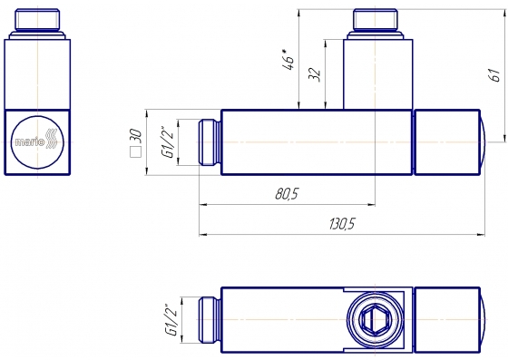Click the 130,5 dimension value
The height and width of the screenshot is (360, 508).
342,224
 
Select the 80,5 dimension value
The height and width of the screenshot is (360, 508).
287,194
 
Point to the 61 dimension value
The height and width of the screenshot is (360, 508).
495,75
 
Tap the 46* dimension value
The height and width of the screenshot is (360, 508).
288,59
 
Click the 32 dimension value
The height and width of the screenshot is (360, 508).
314,74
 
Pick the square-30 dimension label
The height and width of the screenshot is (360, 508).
136,142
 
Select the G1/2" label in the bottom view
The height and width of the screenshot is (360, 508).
171,319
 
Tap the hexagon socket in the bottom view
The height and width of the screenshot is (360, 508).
375,320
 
